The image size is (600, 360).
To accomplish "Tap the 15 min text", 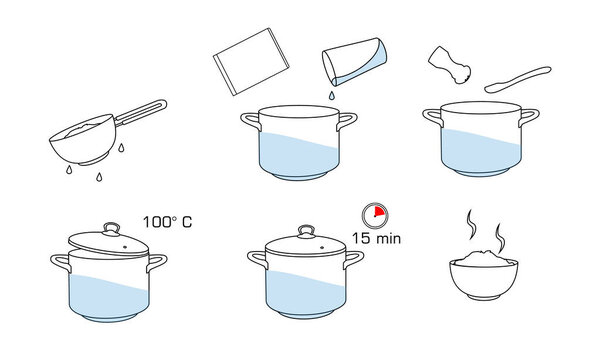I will pos(376,239).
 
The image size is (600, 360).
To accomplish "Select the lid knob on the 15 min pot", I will pos(301,232).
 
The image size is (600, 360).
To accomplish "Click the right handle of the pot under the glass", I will pos(346,120).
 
